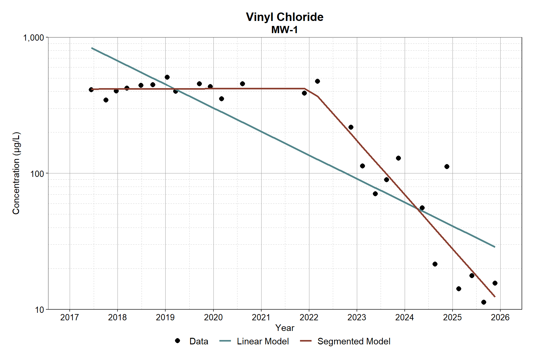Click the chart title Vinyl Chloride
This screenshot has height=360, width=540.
(x=284, y=17)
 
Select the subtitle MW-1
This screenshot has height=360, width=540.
(x=284, y=30)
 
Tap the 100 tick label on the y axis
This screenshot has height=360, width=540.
(x=37, y=174)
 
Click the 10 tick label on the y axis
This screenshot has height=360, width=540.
(x=40, y=310)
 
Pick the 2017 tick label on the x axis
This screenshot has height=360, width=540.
(x=69, y=317)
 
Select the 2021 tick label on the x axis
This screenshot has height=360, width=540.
(x=261, y=317)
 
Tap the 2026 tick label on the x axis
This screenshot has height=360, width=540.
(x=500, y=317)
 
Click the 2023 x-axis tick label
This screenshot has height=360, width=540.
(x=357, y=317)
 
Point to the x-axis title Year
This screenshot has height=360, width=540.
(x=285, y=328)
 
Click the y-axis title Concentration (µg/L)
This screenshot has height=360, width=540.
(x=16, y=173)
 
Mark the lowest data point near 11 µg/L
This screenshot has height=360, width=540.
(x=484, y=302)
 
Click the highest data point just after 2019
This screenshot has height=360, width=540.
(x=167, y=77)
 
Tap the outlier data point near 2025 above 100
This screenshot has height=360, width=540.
(x=447, y=167)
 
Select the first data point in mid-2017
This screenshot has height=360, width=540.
(x=91, y=90)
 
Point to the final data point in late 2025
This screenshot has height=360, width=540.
(x=495, y=283)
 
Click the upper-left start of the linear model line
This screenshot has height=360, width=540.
(x=92, y=48)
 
